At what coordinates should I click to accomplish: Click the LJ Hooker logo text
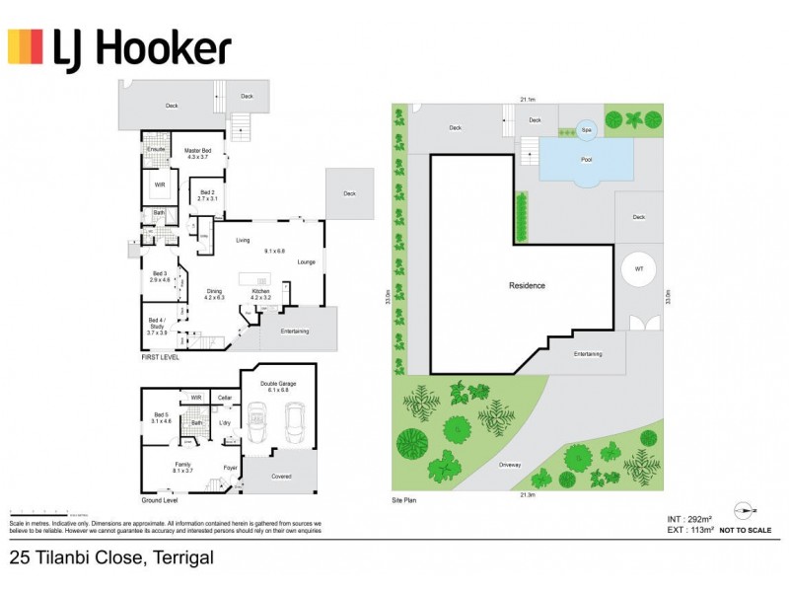tap(143, 48)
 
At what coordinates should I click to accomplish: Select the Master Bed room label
tap(198, 153)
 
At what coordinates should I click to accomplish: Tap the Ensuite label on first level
tap(155, 149)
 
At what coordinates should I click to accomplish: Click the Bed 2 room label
tap(207, 195)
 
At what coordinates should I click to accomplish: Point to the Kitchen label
tap(261, 293)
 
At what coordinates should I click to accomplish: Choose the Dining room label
tap(215, 293)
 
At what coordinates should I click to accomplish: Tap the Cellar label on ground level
tap(225, 398)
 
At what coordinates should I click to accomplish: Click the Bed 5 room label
tap(162, 417)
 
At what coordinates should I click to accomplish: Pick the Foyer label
tap(229, 467)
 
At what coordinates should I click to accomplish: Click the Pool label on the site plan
tap(587, 159)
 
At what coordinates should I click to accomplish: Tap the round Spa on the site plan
tap(586, 129)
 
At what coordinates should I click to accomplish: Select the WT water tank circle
tap(638, 270)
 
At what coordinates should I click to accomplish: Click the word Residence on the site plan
tap(527, 286)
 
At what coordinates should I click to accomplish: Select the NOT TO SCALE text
tap(747, 531)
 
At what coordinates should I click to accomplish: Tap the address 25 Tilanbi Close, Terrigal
tap(110, 558)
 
